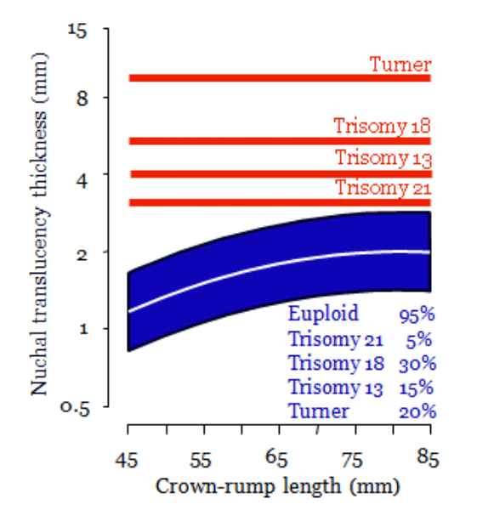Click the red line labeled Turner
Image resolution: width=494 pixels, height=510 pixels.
pyautogui.click(x=255, y=78)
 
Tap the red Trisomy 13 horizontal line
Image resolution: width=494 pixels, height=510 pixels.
pyautogui.click(x=255, y=174)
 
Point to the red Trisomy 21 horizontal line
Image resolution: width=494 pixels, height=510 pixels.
pyautogui.click(x=255, y=202)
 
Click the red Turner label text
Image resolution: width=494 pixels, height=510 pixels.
pyautogui.click(x=400, y=64)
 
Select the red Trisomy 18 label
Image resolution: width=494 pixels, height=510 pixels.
pyautogui.click(x=382, y=127)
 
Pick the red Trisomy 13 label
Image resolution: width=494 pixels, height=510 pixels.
pyautogui.click(x=383, y=158)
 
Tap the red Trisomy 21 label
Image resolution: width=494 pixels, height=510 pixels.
pyautogui.click(x=383, y=188)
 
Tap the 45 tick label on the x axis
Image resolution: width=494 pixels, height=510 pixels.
pyautogui.click(x=127, y=460)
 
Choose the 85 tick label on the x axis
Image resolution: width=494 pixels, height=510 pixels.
pyautogui.click(x=429, y=460)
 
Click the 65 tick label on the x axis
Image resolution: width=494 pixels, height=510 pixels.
pyautogui.click(x=278, y=460)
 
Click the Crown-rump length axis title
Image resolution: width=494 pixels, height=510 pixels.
pyautogui.click(x=277, y=487)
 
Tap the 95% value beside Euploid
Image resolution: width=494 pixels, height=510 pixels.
pyautogui.click(x=416, y=314)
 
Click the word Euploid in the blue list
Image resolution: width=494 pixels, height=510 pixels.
pyautogui.click(x=323, y=313)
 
